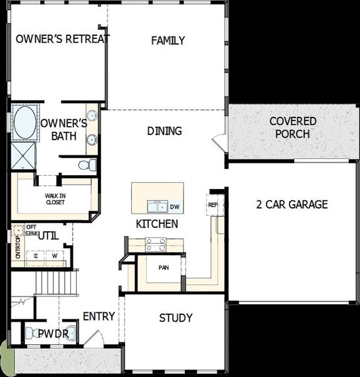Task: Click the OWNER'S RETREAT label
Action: (x=62, y=39)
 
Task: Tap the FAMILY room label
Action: (x=168, y=41)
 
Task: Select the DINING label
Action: (x=165, y=131)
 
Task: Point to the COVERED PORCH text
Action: (x=292, y=127)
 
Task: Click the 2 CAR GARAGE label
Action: (x=292, y=204)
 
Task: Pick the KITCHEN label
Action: (x=157, y=224)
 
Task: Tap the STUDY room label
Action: (x=176, y=318)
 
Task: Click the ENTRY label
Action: (x=99, y=316)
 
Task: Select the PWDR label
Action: (x=53, y=334)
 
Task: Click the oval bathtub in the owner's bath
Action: (x=25, y=123)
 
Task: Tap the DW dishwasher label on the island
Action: (x=175, y=207)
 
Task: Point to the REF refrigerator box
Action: (x=212, y=205)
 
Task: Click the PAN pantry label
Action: (x=163, y=268)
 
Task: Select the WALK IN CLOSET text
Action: (x=55, y=199)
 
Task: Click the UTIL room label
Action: (x=48, y=236)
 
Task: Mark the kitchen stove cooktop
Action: (x=155, y=245)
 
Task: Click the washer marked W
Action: (x=55, y=256)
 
